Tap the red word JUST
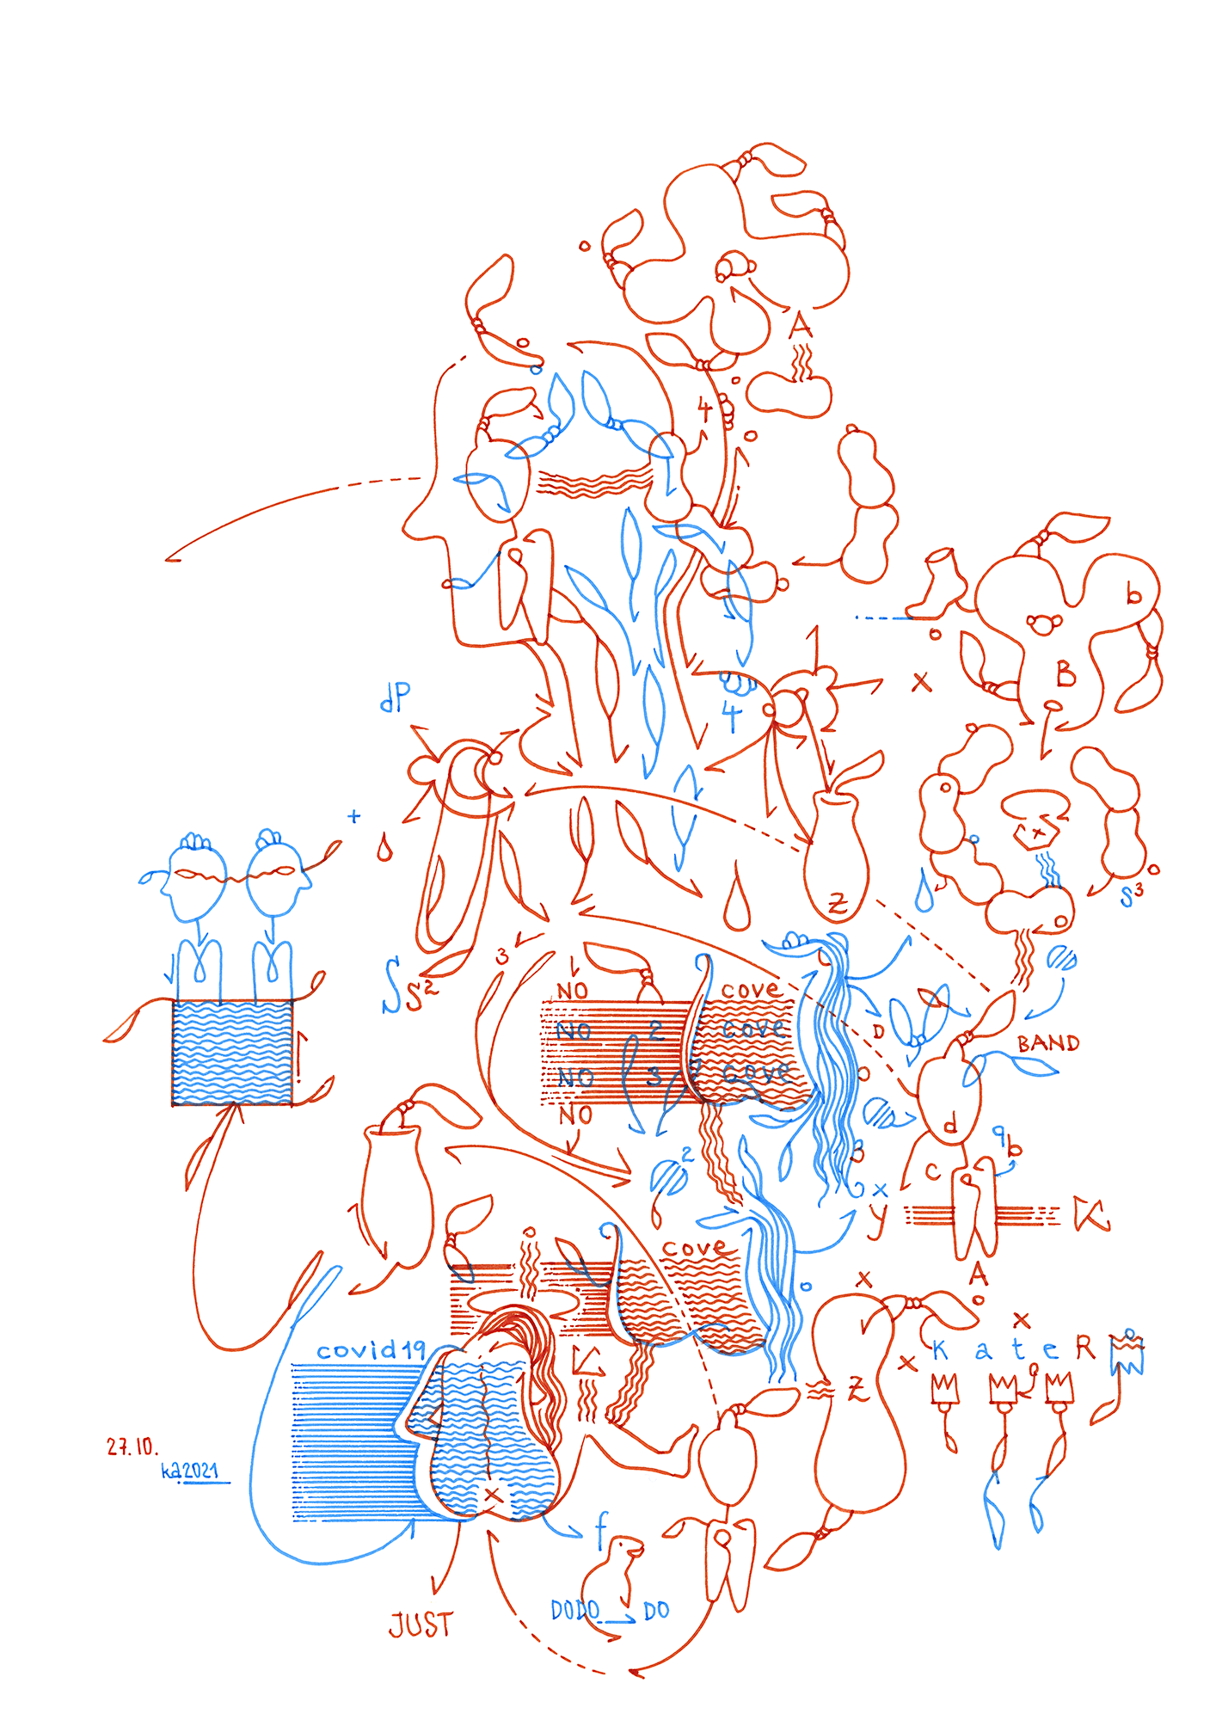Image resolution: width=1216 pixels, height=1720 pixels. (x=421, y=1625)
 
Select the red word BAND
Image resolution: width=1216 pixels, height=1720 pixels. (x=1047, y=1044)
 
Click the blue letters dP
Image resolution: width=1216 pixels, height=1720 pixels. (x=396, y=697)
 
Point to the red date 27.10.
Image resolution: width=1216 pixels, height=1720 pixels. (x=132, y=1447)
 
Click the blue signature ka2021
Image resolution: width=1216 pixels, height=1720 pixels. (x=190, y=1471)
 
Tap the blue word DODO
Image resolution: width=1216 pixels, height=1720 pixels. (x=574, y=1610)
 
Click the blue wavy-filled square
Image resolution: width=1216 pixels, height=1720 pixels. (x=232, y=1052)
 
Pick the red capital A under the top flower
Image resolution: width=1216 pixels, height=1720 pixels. (x=801, y=326)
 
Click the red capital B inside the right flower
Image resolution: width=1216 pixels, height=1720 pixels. (x=1066, y=674)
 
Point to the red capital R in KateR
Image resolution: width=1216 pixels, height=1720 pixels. (x=1086, y=1348)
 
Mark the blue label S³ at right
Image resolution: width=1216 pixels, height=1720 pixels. (x=1132, y=895)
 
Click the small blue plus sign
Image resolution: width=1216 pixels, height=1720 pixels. (x=353, y=816)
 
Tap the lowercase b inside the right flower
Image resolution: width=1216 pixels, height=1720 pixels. (x=1134, y=593)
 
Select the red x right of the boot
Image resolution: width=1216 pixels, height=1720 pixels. (x=921, y=682)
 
